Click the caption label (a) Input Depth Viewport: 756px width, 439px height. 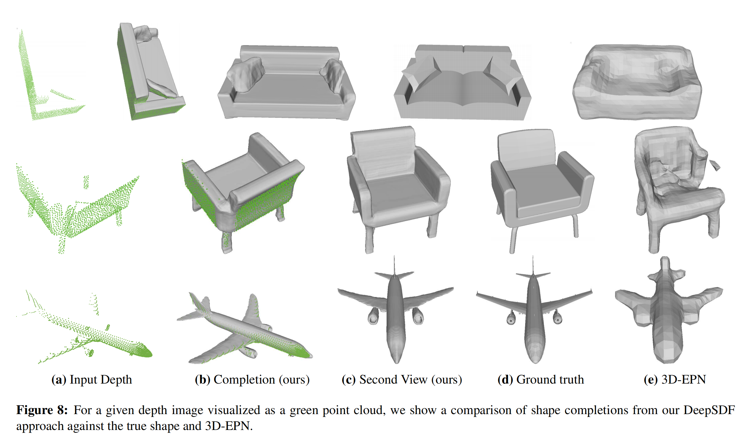[91, 380]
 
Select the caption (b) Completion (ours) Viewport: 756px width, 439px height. [252, 380]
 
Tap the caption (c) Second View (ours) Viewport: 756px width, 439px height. [402, 380]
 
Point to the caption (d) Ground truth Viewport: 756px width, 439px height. [541, 380]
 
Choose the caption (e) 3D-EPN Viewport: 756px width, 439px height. [674, 380]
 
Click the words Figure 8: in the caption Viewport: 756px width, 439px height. [42, 410]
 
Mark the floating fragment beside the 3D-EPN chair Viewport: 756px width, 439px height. [715, 165]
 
